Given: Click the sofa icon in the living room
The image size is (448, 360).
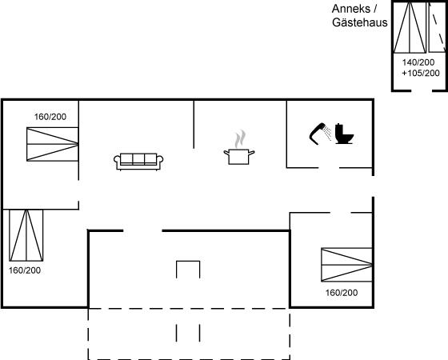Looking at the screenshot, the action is point(138,162).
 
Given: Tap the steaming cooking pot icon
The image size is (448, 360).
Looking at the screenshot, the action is point(239,147).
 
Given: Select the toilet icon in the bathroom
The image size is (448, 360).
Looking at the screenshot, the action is point(344,134).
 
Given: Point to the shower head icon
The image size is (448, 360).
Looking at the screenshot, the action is point(320,134).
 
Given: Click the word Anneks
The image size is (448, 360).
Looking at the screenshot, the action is point(350,9).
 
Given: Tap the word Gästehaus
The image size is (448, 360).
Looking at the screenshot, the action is point(360,22).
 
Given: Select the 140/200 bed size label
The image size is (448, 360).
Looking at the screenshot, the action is point(418,62).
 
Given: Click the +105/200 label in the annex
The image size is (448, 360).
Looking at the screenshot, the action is point(421,73).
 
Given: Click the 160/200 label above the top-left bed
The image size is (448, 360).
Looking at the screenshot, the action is point(50,117).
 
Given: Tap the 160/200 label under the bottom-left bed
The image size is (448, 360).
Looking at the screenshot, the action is point(25,270).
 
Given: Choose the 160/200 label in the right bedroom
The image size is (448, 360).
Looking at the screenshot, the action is point(342,293).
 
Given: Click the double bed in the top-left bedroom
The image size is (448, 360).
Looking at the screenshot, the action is point(53,144).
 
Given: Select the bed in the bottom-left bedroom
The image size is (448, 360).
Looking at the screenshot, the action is point(26,235).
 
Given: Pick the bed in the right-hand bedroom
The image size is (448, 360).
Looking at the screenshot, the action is point(347,265).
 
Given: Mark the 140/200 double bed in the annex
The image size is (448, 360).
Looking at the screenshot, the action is point(410,27).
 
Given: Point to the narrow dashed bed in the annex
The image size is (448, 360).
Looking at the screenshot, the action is point(437,27).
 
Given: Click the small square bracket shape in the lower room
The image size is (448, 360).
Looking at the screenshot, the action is point(188,261).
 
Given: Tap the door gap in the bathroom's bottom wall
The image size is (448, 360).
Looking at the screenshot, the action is point(329,168).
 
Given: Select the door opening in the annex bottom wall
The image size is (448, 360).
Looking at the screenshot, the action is point(422,90).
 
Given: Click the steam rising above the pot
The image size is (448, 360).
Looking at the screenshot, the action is point(240,139).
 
